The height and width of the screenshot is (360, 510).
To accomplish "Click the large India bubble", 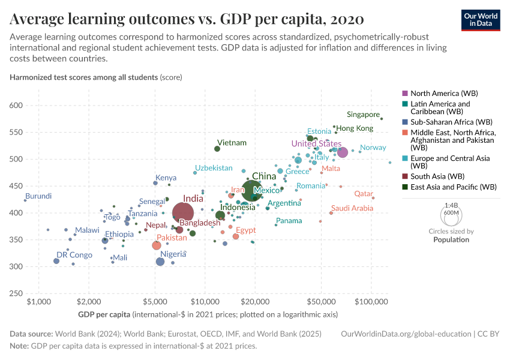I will [x=183, y=213].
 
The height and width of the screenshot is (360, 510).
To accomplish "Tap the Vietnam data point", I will [x=217, y=149].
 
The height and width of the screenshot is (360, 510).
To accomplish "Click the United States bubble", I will [x=342, y=152].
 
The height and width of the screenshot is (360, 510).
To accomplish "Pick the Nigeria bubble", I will [x=160, y=262].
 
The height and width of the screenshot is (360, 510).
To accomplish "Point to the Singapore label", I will [x=364, y=115].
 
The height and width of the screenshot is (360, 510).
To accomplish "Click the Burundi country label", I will [x=38, y=196].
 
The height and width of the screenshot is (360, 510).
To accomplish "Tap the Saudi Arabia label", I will [x=352, y=208].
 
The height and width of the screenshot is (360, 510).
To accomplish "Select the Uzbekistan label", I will [x=214, y=167].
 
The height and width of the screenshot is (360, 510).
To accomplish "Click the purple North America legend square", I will [x=405, y=94].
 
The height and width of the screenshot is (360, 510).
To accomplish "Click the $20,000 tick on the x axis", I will [x=255, y=300].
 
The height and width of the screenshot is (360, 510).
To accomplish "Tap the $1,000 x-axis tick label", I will [x=38, y=300].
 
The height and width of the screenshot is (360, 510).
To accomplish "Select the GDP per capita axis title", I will [x=105, y=314].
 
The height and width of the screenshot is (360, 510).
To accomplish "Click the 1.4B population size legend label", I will [x=451, y=205].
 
